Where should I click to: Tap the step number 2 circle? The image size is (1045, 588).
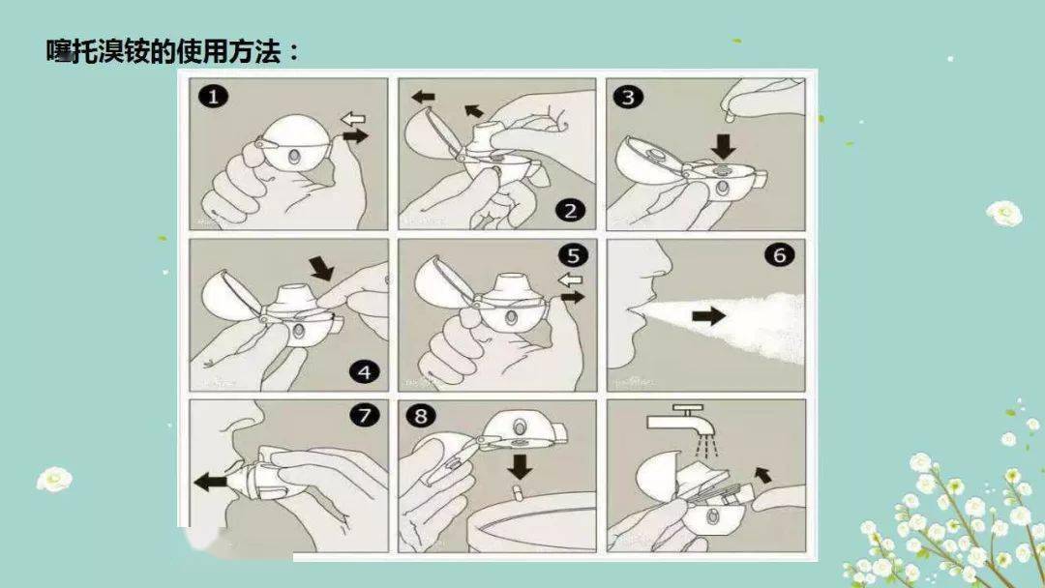pos(570,210)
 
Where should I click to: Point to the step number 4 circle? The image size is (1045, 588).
pos(361,370)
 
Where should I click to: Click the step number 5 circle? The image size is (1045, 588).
pos(574,256)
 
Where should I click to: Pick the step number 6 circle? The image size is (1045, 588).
pos(779,256)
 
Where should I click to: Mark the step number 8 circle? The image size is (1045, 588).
pos(422,417)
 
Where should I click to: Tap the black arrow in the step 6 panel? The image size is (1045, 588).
pos(709,315)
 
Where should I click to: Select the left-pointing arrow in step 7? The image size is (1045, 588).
pos(210,482)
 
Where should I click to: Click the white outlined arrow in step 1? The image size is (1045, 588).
pos(353,119)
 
